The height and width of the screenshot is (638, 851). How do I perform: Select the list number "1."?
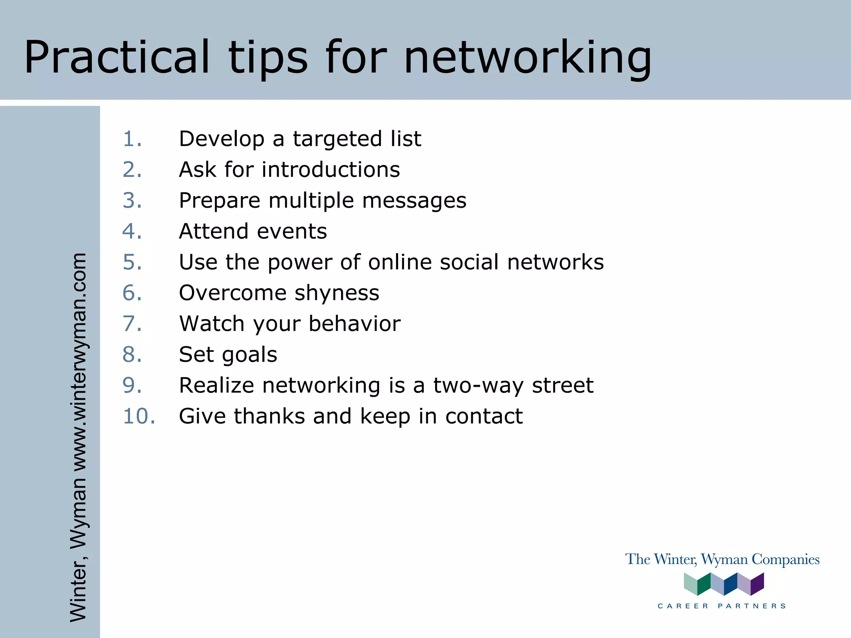click(x=133, y=139)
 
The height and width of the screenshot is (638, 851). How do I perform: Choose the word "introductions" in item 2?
click(x=331, y=169)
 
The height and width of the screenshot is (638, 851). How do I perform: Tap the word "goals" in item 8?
click(x=249, y=355)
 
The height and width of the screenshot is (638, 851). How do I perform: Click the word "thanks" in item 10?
click(x=270, y=416)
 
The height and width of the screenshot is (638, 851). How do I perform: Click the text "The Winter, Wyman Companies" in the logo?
click(x=722, y=559)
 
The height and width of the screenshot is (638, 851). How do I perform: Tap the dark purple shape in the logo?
click(x=757, y=584)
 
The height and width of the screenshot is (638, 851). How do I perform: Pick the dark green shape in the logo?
click(x=704, y=584)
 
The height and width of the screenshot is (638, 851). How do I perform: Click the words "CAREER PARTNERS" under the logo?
click(x=722, y=606)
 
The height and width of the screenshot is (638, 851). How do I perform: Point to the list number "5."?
click(x=133, y=262)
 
